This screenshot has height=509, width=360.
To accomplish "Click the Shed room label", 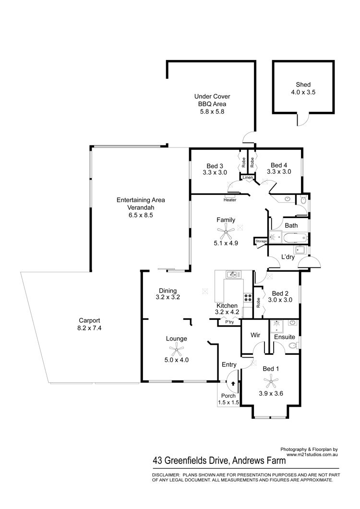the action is click(303, 85).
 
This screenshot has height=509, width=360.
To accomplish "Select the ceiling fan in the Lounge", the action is click(176, 350).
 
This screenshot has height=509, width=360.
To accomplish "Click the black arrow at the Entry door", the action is click(233, 383).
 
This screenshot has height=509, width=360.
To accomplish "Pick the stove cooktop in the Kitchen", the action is click(248, 297).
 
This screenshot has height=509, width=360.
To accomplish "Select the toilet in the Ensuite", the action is click(292, 345).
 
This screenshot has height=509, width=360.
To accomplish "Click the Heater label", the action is click(230, 200).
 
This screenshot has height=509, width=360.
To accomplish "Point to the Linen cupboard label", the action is click(248, 178).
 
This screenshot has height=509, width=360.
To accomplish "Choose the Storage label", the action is click(261, 241).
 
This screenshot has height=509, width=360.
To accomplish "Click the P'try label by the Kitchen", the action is click(229, 322).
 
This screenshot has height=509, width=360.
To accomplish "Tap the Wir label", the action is click(255, 335).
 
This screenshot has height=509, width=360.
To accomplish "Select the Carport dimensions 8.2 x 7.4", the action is click(89, 328).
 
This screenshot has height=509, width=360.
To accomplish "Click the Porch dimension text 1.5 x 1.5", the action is click(228, 402).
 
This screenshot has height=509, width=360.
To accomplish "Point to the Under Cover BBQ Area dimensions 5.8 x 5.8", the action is click(212, 111).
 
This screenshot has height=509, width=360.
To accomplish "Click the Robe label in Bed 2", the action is click(258, 303).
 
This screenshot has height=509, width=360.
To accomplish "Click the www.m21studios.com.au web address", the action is click(312, 455).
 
